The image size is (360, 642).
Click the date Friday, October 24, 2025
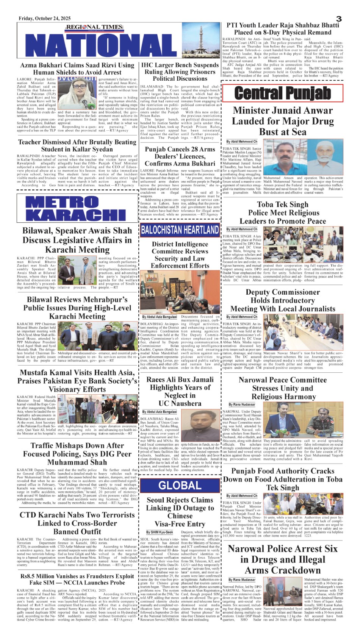(x=45, y=19)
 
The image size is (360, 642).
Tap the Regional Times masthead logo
(x=94, y=27)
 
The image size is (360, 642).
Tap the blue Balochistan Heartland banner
(x=180, y=230)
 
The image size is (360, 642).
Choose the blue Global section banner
(x=180, y=486)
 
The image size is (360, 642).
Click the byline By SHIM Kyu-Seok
(x=160, y=532)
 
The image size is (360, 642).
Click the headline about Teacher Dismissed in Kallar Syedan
(x=77, y=145)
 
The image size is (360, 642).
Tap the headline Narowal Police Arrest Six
(x=283, y=559)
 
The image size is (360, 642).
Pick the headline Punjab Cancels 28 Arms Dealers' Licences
(x=180, y=156)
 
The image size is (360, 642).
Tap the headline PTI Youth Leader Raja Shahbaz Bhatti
(x=283, y=29)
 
